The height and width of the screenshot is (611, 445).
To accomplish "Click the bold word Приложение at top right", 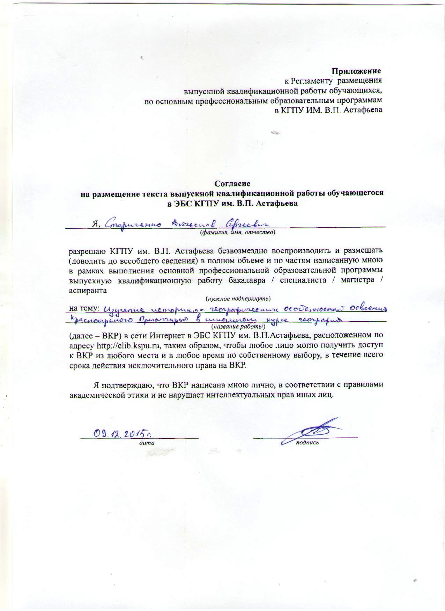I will click(356, 71).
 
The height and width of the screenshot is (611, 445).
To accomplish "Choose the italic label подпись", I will click(307, 443).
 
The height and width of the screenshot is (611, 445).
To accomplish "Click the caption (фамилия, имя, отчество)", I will click(238, 232).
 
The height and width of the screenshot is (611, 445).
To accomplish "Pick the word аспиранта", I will click(88, 290).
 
